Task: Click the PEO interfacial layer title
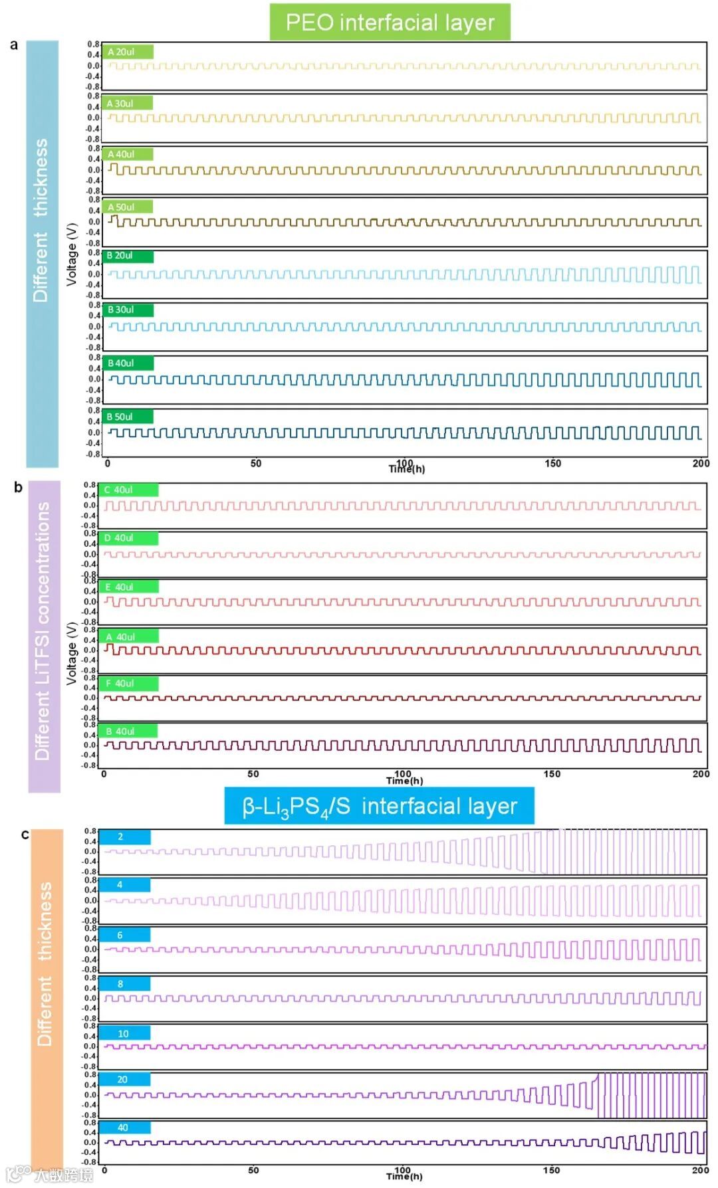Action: click(390, 23)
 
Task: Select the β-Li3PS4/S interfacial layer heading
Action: click(379, 806)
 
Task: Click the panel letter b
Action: click(18, 488)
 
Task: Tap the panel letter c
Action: click(25, 835)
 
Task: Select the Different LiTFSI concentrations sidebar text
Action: click(43, 631)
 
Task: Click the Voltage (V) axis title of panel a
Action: click(71, 254)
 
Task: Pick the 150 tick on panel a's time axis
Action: click(552, 464)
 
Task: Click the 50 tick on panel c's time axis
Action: click(253, 1170)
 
